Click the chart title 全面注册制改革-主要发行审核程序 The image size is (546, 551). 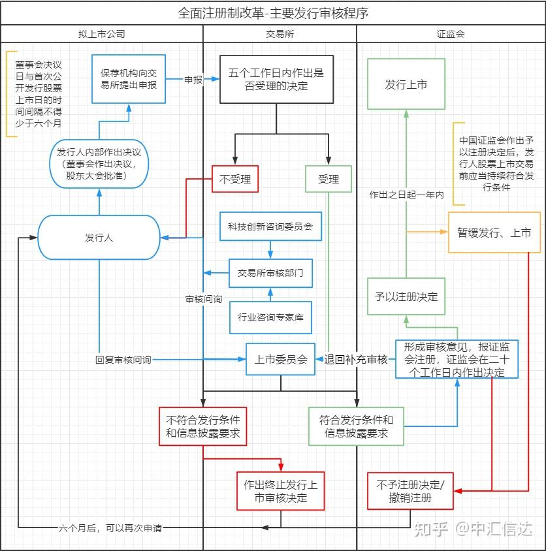(x=273, y=13)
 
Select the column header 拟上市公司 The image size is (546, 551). (x=102, y=34)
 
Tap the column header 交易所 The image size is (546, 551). (x=280, y=34)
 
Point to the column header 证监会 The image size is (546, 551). (x=451, y=34)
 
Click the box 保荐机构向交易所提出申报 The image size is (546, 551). (x=129, y=79)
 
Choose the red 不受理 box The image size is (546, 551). (x=235, y=180)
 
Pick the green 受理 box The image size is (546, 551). (x=329, y=180)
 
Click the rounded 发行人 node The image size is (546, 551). (x=99, y=238)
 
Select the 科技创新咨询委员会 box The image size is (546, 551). (x=271, y=227)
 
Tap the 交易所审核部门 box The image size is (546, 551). (x=271, y=273)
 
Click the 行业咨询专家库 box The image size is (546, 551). (x=271, y=317)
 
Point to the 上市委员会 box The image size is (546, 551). (x=281, y=359)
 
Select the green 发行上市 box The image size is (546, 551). (x=406, y=84)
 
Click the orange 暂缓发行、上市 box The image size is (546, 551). (x=494, y=232)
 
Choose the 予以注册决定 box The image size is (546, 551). (x=406, y=296)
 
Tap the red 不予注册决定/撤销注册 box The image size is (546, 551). (x=410, y=491)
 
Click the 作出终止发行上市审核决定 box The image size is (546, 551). (x=281, y=491)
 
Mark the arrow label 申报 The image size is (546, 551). (x=193, y=80)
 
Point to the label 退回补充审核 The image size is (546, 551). (x=356, y=360)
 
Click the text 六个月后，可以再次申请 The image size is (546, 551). (x=110, y=527)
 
